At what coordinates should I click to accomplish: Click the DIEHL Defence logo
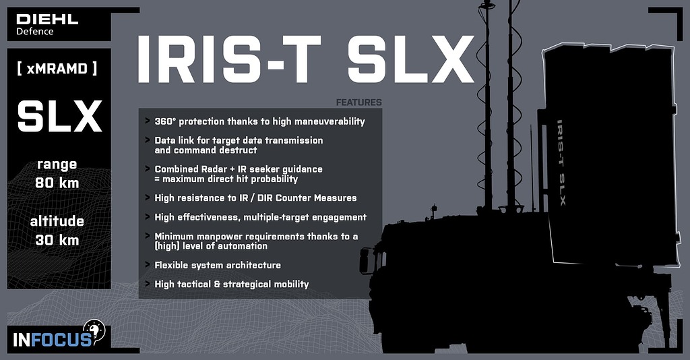click(47, 24)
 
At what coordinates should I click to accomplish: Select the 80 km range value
click(57, 183)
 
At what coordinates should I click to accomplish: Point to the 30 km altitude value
click(57, 240)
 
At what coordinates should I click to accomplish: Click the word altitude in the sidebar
click(57, 222)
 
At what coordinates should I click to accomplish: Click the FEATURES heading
click(358, 102)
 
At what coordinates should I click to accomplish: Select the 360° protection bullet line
click(259, 121)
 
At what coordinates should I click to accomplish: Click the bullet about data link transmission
click(239, 145)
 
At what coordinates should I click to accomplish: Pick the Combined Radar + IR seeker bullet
click(239, 173)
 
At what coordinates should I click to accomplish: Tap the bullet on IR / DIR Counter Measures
click(255, 198)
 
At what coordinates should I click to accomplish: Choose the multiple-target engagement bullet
click(260, 217)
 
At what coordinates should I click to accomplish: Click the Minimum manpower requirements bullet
click(256, 241)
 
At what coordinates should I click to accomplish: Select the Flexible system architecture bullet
click(217, 265)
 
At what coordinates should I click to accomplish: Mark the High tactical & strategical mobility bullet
click(231, 284)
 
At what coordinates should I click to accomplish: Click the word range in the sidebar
click(57, 164)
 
